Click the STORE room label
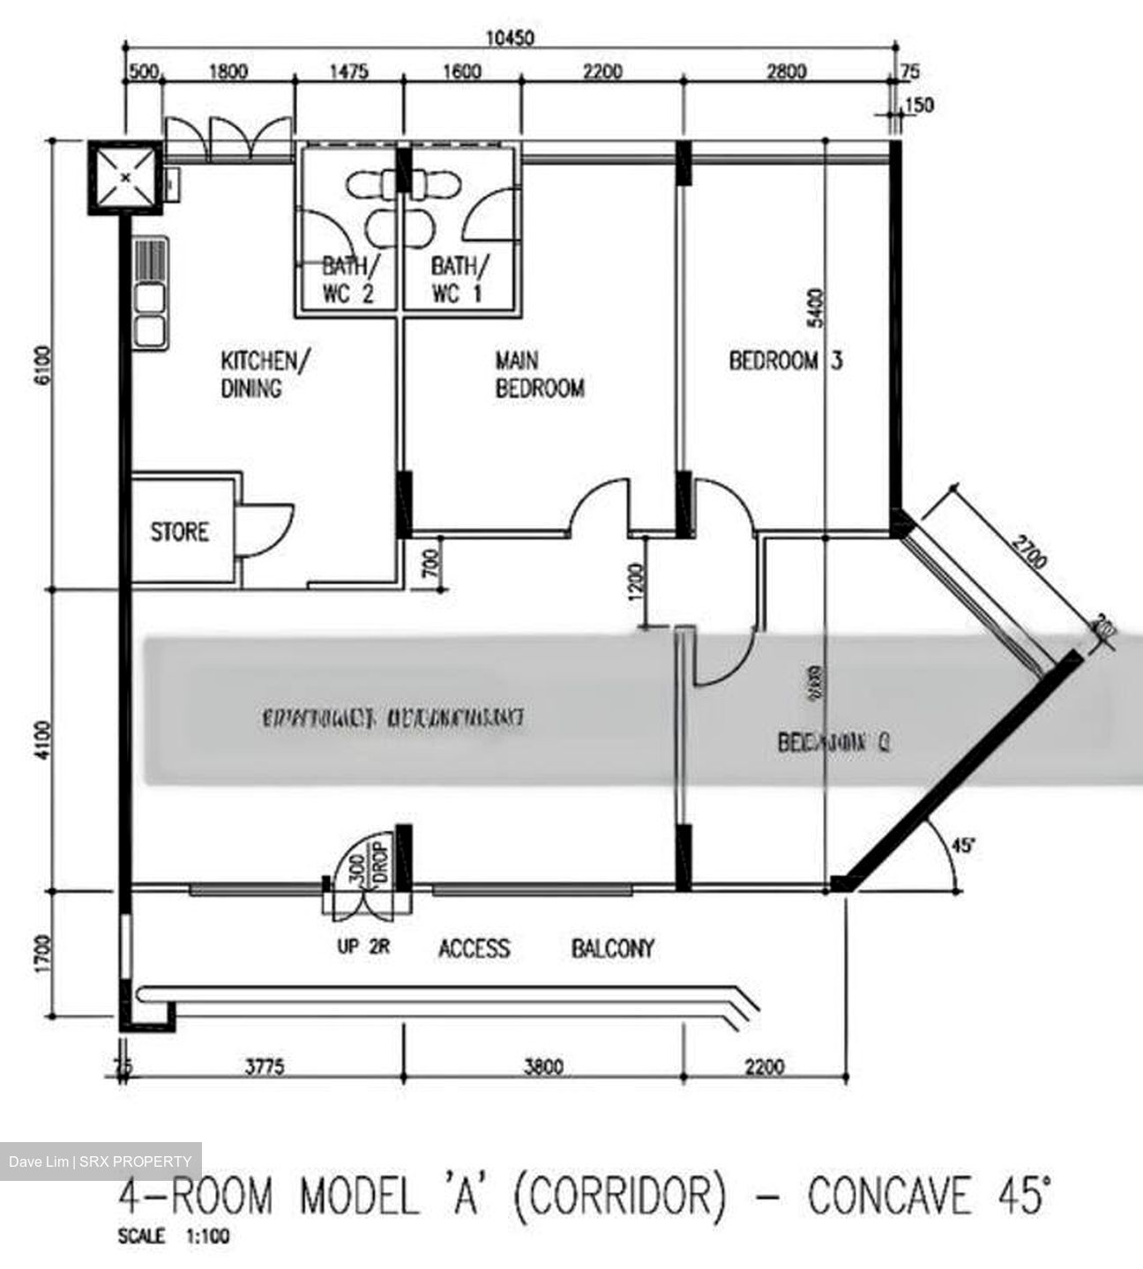180,532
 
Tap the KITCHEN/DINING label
265,374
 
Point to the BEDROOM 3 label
785,360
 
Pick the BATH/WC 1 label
457,279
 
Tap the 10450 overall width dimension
511,38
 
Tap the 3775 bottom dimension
264,1067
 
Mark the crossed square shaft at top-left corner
126,177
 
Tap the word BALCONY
613,948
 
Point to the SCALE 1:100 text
174,1236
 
